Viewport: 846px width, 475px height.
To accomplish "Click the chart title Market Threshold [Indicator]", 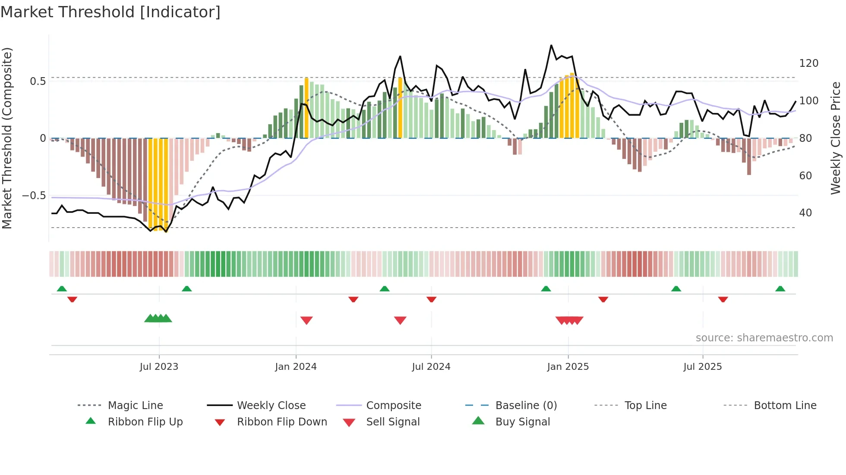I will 110,12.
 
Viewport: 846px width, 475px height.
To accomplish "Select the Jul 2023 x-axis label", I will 159,367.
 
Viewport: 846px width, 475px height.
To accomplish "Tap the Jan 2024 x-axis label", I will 296,367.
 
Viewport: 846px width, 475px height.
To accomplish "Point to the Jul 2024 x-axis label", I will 431,367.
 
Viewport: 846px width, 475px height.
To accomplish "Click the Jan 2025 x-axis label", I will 568,367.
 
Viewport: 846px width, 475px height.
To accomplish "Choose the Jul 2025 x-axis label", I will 702,367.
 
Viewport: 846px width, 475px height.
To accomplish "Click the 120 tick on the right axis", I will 808,63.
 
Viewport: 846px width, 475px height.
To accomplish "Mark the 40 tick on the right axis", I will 805,213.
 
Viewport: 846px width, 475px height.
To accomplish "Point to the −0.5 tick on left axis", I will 34,196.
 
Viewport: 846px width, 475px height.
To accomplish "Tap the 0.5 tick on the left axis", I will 38,81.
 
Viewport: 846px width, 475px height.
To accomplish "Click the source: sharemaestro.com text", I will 764,338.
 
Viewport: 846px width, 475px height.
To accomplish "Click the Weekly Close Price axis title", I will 836,138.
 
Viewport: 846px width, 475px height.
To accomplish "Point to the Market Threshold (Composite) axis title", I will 7,138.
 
